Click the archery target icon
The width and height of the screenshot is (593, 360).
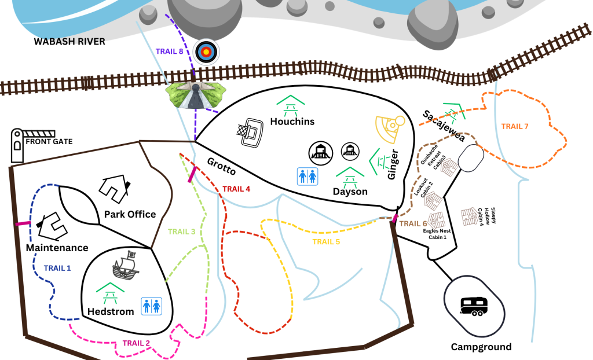tap(206, 52)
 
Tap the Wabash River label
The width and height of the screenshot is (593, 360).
tap(69, 42)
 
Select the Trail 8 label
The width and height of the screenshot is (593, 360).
tap(170, 52)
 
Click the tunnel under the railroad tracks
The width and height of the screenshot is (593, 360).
tap(196, 95)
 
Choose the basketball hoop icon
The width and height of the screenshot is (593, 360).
tap(250, 133)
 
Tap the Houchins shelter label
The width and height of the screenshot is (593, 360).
tap(292, 122)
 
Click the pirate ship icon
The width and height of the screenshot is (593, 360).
tap(126, 266)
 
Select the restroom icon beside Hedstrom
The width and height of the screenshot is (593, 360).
tap(152, 306)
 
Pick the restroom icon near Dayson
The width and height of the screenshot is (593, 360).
tap(308, 177)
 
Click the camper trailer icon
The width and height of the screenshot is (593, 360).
tap(474, 306)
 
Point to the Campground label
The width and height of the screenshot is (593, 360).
tap(481, 347)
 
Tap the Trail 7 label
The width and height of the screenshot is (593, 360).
tap(515, 126)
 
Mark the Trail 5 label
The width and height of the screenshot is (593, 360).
tap(326, 241)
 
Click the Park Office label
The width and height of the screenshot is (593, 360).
tap(130, 214)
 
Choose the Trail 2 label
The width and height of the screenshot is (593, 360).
tap(136, 343)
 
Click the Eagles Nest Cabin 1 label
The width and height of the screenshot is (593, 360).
tap(437, 234)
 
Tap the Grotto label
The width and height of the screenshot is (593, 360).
tap(222, 166)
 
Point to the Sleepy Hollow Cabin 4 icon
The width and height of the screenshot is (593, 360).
tap(470, 216)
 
